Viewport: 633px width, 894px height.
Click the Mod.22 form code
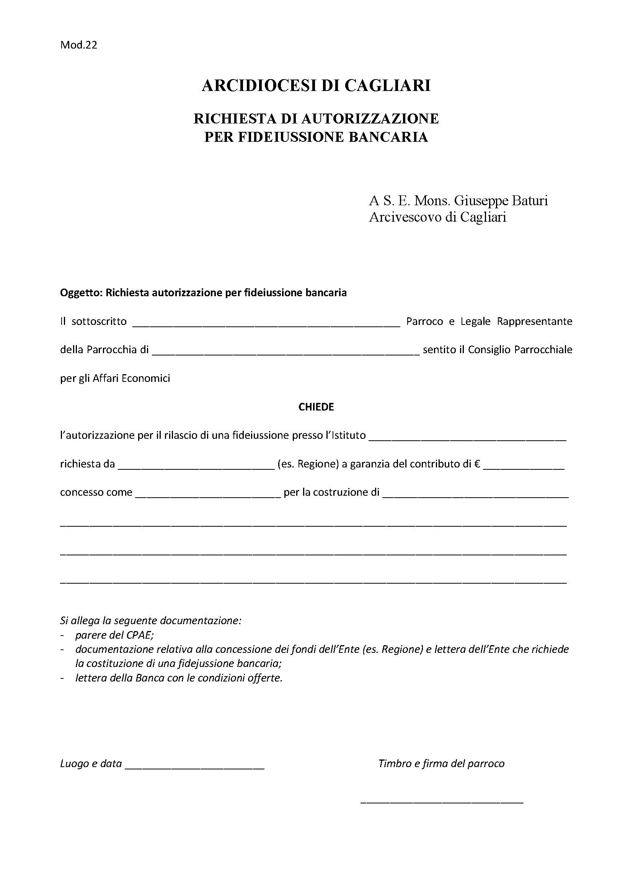[78, 45]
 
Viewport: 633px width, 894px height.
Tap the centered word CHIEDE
[316, 407]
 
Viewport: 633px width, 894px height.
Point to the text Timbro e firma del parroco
[441, 764]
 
